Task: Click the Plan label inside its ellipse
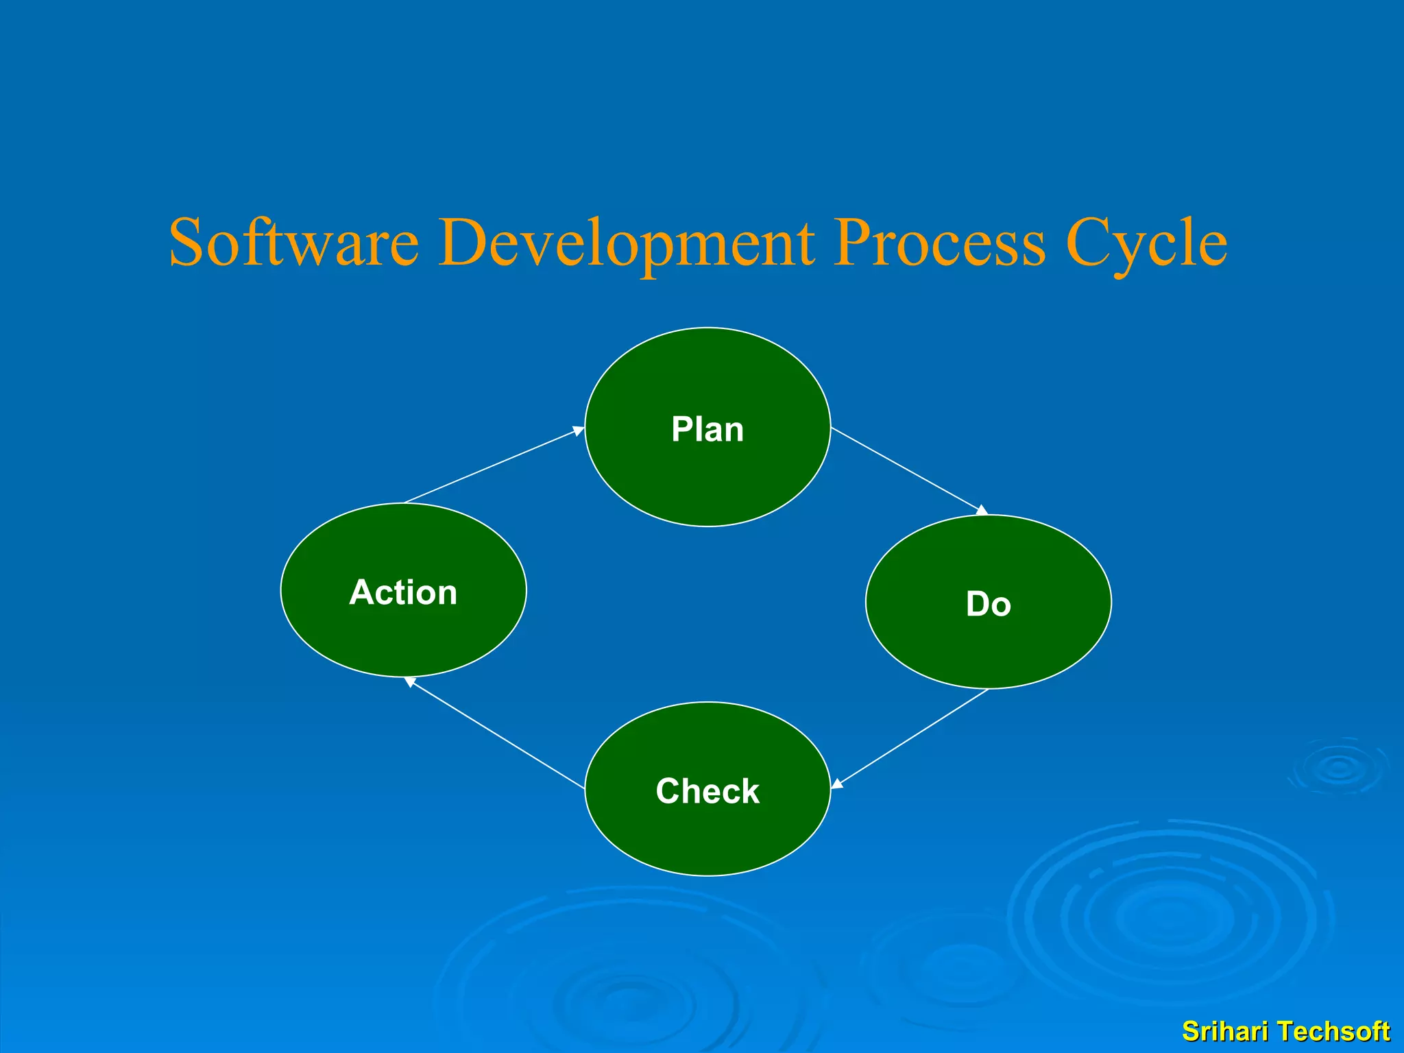click(707, 430)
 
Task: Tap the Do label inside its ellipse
click(988, 605)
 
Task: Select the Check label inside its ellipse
click(707, 791)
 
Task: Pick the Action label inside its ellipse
click(403, 592)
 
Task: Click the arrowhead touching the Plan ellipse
click(579, 431)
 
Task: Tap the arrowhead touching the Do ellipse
click(982, 510)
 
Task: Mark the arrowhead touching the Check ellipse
click(837, 784)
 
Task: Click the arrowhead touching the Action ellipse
click(410, 681)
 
